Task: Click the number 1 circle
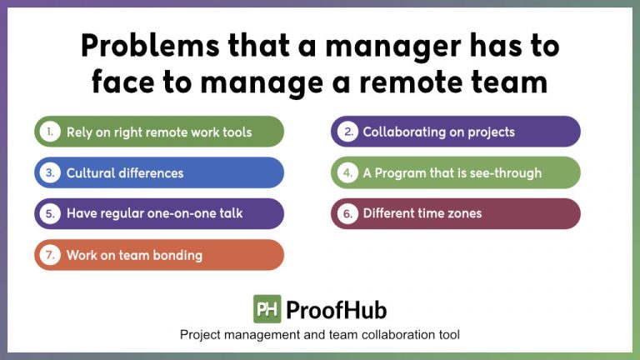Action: pos(50,132)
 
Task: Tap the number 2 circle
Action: pos(347,132)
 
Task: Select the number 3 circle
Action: pos(50,173)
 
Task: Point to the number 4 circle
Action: pos(347,173)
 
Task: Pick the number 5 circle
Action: pos(50,213)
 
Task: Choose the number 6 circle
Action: pos(347,213)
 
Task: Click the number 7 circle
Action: pos(50,255)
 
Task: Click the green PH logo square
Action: pos(267,309)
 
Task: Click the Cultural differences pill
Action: pos(158,173)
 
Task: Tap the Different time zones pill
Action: pos(455,213)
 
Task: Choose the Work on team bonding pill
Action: pos(158,255)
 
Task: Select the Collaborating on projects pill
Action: pos(455,132)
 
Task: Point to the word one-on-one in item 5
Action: pos(177,213)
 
